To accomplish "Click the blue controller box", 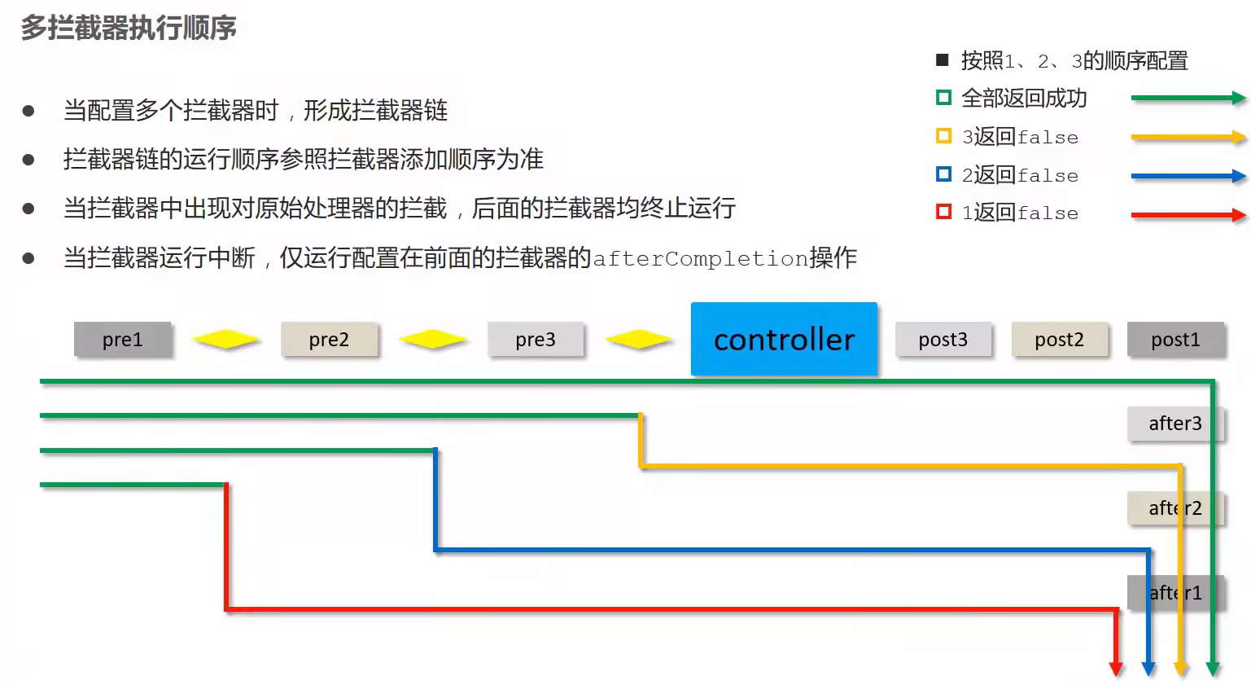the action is (784, 339).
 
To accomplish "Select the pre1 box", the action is (122, 339).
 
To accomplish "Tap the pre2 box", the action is (329, 339).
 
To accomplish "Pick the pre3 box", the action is (536, 339).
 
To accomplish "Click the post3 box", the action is (943, 339).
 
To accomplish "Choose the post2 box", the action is (1060, 339).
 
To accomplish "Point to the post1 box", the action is (1175, 339).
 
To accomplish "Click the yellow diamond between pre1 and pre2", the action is (225, 339).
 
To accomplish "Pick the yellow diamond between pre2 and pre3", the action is (432, 339).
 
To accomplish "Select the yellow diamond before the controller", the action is (639, 339).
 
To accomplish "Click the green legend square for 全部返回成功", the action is (943, 98).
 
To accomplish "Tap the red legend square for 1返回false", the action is (943, 213).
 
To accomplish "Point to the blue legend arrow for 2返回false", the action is (1188, 176).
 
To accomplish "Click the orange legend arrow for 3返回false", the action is (1188, 137).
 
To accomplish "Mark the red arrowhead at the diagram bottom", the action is (1116, 669).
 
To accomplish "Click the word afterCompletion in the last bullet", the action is (700, 258).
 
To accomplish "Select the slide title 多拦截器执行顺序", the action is (129, 28).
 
